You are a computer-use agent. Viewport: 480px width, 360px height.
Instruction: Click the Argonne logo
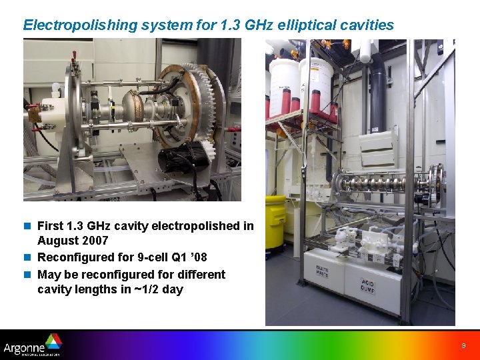(x=32, y=345)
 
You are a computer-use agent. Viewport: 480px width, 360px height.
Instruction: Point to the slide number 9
(x=463, y=346)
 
